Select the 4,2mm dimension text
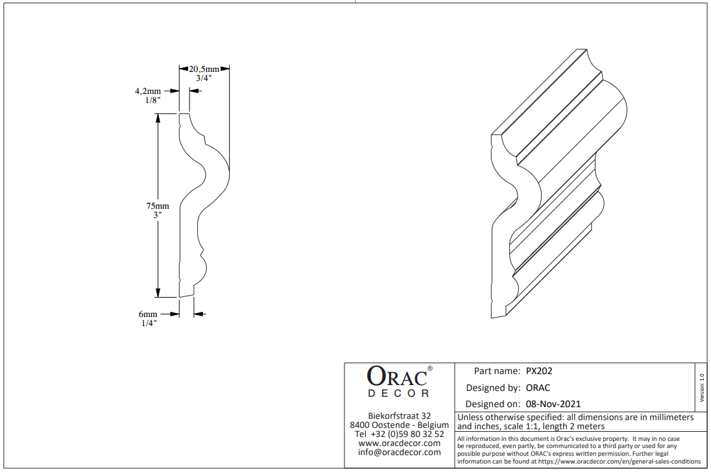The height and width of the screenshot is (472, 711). (x=148, y=92)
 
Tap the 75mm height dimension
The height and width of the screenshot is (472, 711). (x=157, y=206)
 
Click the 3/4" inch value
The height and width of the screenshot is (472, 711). (x=204, y=78)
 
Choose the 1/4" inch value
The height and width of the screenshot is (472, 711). (x=150, y=322)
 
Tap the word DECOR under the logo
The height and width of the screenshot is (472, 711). (x=398, y=394)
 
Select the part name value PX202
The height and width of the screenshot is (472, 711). (x=539, y=372)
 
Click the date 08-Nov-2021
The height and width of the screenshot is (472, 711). (x=553, y=404)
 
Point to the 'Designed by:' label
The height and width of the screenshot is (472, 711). (x=493, y=388)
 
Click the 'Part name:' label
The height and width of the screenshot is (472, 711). (x=497, y=372)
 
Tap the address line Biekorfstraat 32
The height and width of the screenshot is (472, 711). (x=399, y=416)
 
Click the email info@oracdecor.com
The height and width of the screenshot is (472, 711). (x=399, y=452)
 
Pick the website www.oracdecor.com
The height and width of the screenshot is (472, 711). (x=399, y=443)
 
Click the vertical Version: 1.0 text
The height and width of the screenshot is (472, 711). (x=701, y=387)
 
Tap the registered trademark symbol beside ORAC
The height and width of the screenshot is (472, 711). (x=430, y=368)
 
